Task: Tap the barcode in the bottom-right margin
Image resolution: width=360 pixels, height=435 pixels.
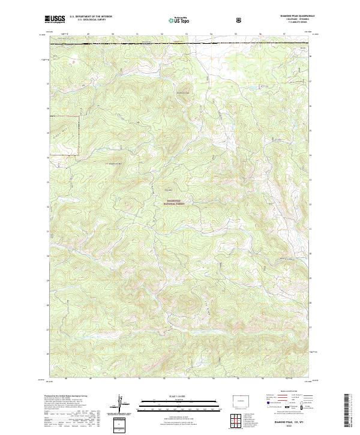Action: click(346, 410)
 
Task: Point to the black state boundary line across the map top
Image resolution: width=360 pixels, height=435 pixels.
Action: click(180, 43)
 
